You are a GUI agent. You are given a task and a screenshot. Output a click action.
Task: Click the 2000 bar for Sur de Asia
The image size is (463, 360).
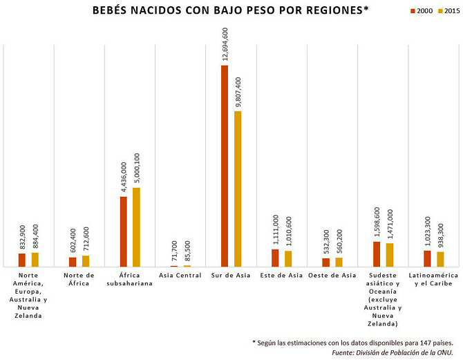coord(225,166)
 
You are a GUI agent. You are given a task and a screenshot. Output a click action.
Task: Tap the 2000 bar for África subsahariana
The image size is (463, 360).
coord(123,231)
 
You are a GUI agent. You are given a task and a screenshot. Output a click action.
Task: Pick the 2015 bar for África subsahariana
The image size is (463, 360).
coord(136,227)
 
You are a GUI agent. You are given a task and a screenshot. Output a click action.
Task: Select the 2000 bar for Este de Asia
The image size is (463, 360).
coord(275,258)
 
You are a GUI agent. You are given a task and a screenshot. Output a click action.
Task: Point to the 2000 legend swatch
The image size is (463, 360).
coord(413,12)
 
